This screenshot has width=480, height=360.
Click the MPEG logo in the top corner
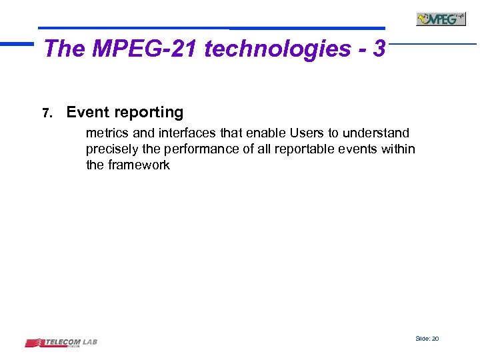tap(441, 19)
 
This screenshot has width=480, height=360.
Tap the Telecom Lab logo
tap(61, 343)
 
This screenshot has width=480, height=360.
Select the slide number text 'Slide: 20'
tap(427, 339)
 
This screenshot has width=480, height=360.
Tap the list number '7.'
tap(47, 113)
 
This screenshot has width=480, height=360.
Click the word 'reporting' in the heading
tap(150, 113)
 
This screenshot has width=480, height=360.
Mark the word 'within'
tap(398, 149)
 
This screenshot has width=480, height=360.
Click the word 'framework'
tap(139, 165)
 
